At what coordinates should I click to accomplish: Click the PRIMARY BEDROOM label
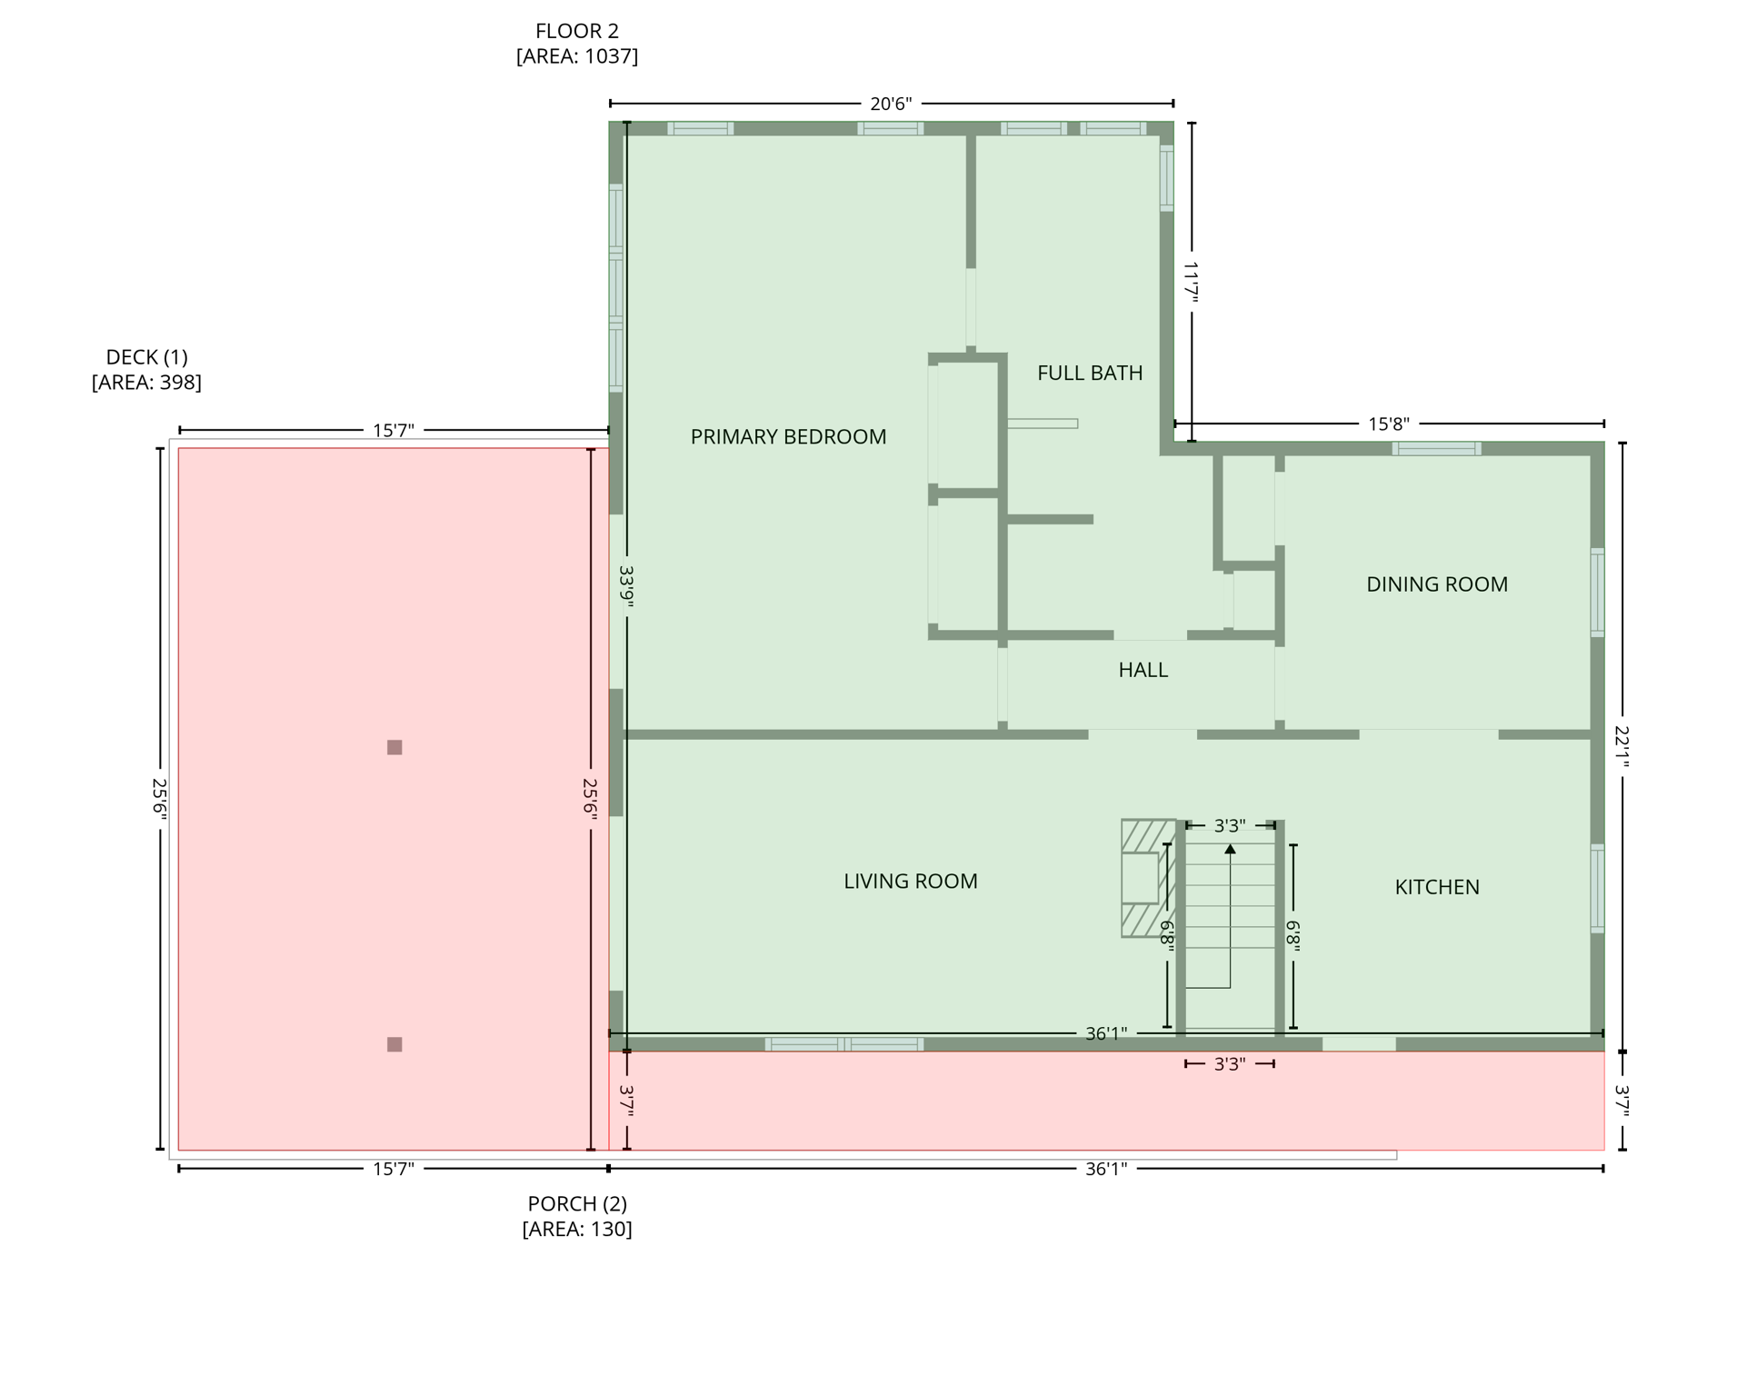coord(787,437)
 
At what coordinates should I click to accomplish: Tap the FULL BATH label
coord(1089,373)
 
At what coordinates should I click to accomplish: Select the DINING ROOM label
coord(1436,584)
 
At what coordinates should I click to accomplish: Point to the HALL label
coord(1143,670)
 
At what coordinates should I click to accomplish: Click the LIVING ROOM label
coord(910,881)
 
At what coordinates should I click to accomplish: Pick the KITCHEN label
coord(1436,887)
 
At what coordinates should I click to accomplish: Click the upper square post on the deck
coord(394,747)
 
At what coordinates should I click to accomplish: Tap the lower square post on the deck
coord(394,1044)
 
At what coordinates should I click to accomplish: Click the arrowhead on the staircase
coord(1230,849)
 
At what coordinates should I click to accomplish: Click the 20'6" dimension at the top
coord(890,104)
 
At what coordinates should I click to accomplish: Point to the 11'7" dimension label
coord(1191,282)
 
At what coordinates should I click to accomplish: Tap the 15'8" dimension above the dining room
coord(1388,424)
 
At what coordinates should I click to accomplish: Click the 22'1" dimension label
coord(1622,746)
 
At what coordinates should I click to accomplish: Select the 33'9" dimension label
coord(626,586)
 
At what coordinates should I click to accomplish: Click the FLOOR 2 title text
coord(576,32)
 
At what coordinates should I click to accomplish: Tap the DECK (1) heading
coord(146,357)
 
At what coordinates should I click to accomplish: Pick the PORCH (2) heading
coord(576,1203)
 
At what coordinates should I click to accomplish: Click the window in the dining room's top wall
coord(1436,448)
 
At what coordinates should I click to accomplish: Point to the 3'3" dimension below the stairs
coord(1229,1063)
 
